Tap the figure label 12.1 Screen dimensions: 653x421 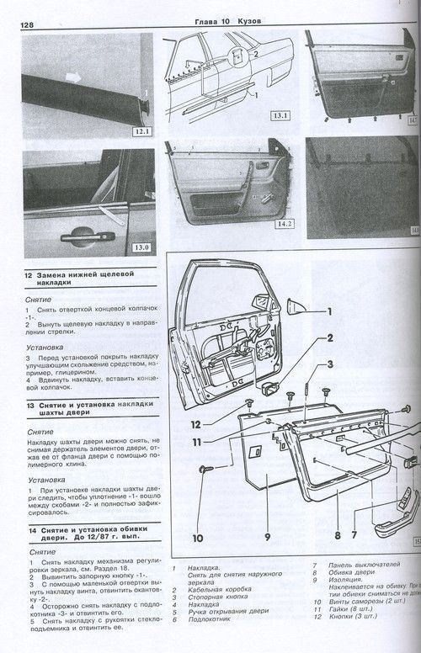tap(139, 131)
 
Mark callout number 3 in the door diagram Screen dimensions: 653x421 tap(331, 364)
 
